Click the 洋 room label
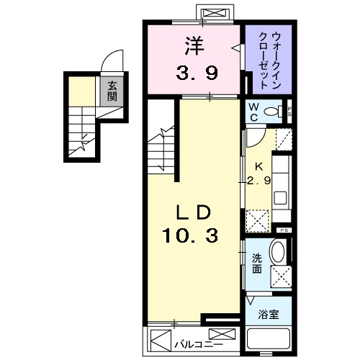(x=192, y=45)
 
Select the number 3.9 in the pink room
(x=192, y=72)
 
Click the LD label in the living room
(x=192, y=213)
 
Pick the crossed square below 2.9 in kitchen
(x=256, y=218)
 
